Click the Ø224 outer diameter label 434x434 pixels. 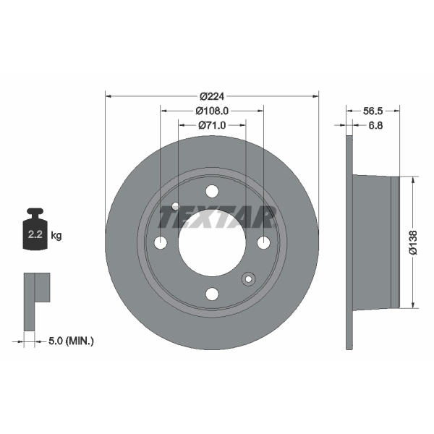click(212, 96)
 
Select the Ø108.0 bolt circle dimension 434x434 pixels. click(212, 111)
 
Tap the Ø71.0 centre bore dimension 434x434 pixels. click(212, 125)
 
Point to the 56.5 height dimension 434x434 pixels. click(373, 111)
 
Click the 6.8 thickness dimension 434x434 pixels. click(375, 125)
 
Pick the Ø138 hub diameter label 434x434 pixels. click(413, 242)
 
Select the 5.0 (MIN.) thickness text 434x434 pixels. click(71, 341)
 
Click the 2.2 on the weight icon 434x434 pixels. click(35, 234)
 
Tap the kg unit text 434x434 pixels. click(56, 236)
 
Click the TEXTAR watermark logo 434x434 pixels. click(218, 217)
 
